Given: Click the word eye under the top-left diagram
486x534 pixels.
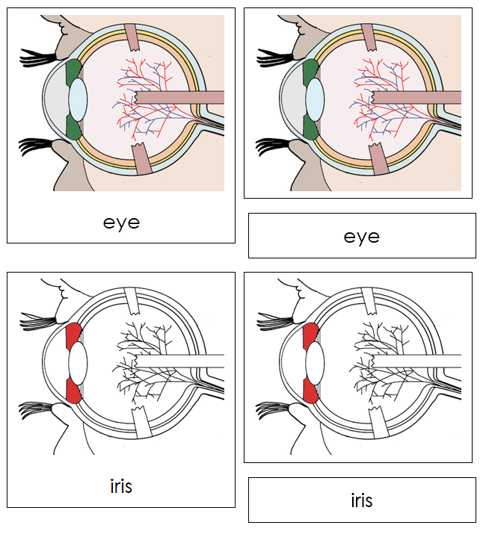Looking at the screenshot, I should tap(121, 223).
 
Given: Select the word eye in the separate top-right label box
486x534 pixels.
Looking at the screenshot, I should tap(361, 237).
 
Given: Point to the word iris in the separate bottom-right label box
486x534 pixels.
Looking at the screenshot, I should tap(361, 500).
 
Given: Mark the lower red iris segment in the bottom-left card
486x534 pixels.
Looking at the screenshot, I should tap(73, 390).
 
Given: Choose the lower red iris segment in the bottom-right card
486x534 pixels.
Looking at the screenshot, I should tap(310, 390).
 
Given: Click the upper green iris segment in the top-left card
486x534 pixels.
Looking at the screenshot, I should tap(73, 73).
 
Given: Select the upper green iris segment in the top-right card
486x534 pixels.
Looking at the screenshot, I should tap(310, 73).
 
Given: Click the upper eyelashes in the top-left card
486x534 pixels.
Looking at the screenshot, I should tap(37, 55).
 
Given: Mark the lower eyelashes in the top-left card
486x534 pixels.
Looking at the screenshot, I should tap(37, 145).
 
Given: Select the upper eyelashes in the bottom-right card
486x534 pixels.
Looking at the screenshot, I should tap(274, 321).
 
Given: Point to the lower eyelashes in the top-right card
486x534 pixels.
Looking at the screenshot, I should tap(274, 145).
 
